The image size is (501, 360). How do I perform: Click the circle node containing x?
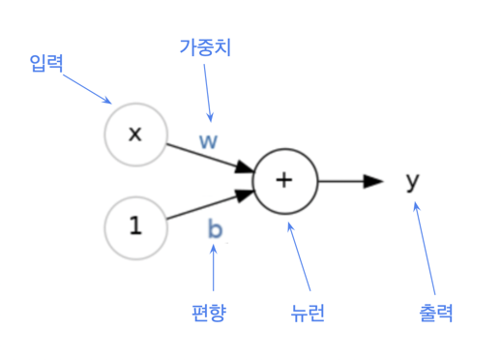pyautogui.click(x=134, y=134)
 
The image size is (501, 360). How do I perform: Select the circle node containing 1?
pyautogui.click(x=134, y=226)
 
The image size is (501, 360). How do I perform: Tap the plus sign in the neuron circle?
pyautogui.click(x=284, y=180)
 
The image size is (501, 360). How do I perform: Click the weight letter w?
pyautogui.click(x=208, y=139)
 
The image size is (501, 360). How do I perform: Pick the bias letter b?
pyautogui.click(x=214, y=228)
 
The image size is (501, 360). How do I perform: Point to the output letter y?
pyautogui.click(x=413, y=180)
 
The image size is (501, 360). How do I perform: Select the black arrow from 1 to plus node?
pyautogui.click(x=208, y=204)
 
